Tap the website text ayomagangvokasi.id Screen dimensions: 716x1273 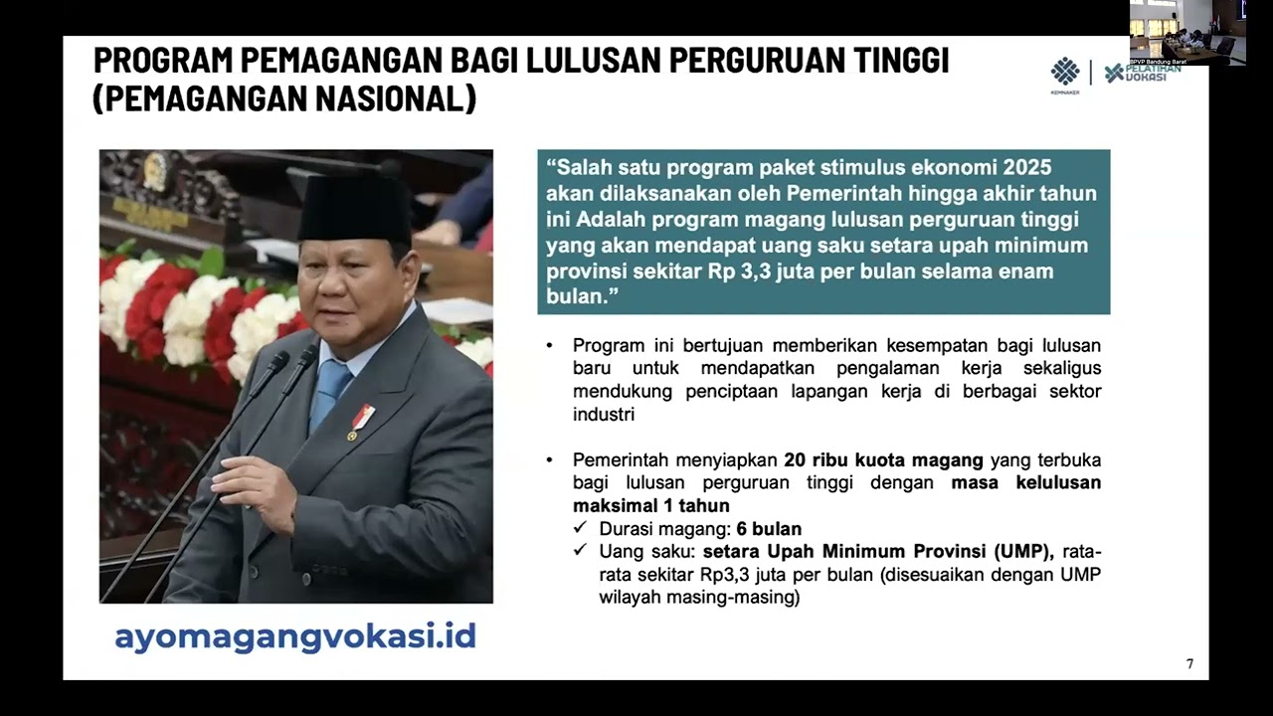[295, 636]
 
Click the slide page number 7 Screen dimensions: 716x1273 [1189, 664]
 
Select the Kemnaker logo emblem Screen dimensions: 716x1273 [1065, 72]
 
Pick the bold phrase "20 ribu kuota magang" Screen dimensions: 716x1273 [883, 460]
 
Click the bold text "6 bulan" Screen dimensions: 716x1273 [769, 529]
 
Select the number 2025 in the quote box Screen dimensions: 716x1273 [1027, 167]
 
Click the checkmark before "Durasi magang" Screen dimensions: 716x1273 [580, 528]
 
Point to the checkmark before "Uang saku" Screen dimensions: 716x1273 [580, 550]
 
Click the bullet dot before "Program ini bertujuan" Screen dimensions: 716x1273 [550, 346]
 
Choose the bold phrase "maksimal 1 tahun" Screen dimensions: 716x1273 [637, 506]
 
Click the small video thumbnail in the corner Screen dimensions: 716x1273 [1187, 33]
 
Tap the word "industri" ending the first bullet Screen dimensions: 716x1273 [604, 415]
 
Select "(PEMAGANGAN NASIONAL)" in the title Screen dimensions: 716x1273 [284, 99]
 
